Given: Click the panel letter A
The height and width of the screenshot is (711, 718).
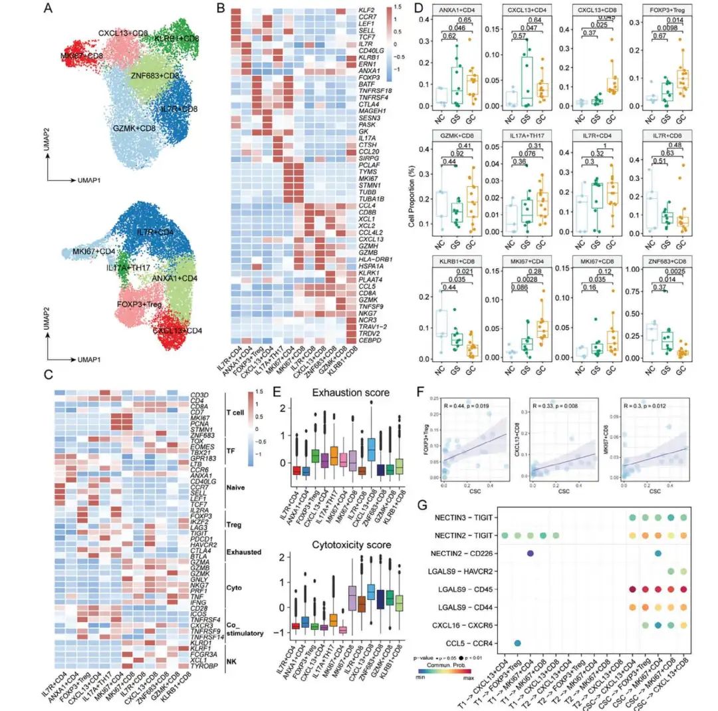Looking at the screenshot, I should pos(47,9).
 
